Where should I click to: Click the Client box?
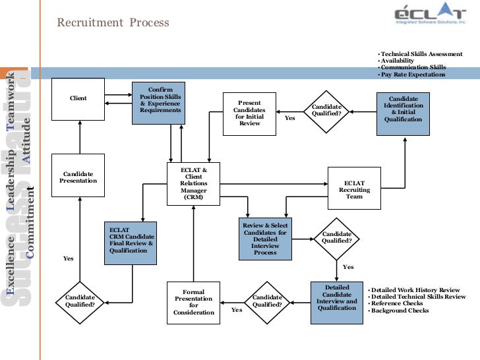pyautogui.click(x=78, y=98)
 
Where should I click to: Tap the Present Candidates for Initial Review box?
pyautogui.click(x=249, y=113)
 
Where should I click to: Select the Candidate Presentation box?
pyautogui.click(x=78, y=177)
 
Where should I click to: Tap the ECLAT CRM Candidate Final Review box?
pyautogui.click(x=131, y=241)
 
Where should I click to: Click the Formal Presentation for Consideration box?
pyautogui.click(x=193, y=303)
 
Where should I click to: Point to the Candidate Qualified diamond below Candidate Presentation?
pyautogui.click(x=80, y=301)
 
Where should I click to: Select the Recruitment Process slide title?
pyautogui.click(x=113, y=23)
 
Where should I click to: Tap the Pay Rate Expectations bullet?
pyautogui.click(x=413, y=75)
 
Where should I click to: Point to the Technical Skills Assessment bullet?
pyautogui.click(x=417, y=53)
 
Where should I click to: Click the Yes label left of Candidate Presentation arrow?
pyautogui.click(x=68, y=258)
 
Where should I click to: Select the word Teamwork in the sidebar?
pyautogui.click(x=11, y=98)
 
